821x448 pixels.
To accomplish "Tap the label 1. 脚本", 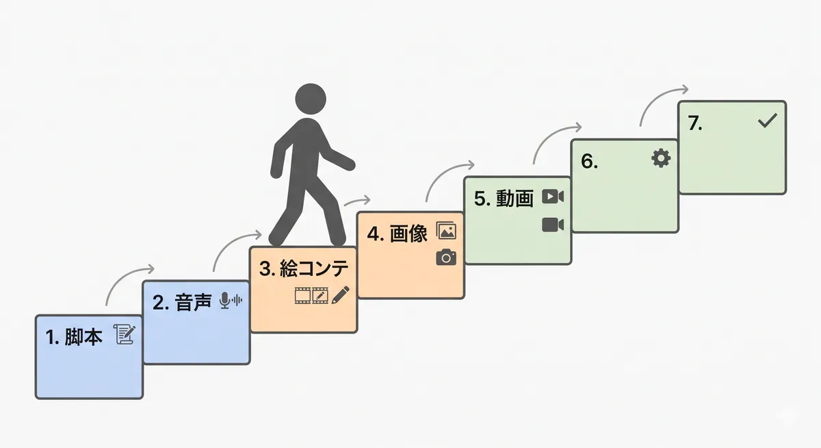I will coord(74,337).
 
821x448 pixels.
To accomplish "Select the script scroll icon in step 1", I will coord(125,335).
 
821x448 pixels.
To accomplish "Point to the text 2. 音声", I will coord(181,303).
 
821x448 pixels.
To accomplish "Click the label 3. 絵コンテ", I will coord(304,269).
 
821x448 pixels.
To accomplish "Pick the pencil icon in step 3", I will coord(340,295).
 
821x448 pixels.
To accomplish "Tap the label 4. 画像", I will coord(397,234).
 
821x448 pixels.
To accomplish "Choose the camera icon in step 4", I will coord(446,258).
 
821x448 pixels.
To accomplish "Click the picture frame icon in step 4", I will coord(445,232).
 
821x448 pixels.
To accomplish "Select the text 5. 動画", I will coord(504,199).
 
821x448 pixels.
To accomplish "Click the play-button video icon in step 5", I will coord(552,197).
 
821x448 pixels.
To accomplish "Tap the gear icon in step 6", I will coord(660,159).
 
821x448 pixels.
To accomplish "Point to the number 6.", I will coord(589,162).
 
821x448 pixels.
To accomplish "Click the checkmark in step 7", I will coord(768,121).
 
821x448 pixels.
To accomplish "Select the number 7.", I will coord(695,124).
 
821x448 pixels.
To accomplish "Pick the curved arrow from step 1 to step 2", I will coord(127,277).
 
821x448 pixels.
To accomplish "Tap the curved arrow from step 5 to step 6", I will coord(555,137).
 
